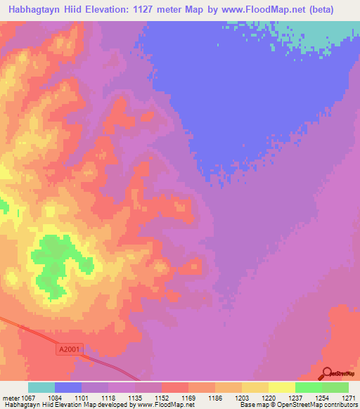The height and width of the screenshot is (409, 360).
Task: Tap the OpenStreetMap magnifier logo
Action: pos(328,373)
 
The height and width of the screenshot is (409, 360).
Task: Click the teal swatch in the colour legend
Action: pos(41,387)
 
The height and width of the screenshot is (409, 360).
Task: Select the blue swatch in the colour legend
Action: pos(68,387)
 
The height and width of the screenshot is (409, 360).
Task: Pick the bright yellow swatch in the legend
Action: pos(282,387)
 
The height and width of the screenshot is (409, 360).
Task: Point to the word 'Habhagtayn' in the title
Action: pos(37,9)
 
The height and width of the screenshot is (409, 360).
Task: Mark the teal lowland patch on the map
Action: pos(316,35)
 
